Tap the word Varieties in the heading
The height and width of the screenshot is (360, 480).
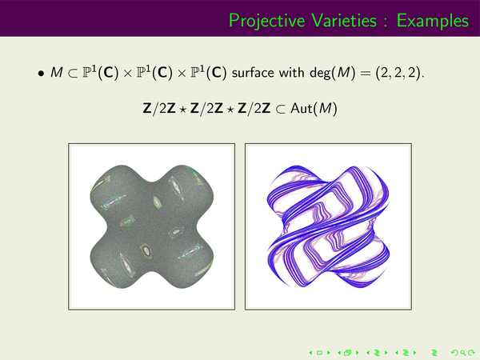[344, 21]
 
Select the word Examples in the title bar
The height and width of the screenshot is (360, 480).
[433, 22]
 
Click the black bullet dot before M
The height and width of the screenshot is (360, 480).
[41, 74]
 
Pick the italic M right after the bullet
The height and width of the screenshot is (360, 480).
[57, 73]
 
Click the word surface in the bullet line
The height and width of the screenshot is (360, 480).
[253, 73]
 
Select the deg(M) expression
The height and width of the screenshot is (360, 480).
[333, 73]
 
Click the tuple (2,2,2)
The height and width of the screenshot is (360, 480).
[398, 73]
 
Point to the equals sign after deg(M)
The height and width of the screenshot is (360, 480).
[366, 74]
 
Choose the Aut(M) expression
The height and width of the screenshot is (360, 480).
[314, 108]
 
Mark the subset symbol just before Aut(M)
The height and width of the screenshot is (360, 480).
[280, 109]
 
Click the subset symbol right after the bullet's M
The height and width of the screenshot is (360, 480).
[73, 74]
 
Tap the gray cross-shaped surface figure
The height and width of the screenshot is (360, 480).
[152, 226]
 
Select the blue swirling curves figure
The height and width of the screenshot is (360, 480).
[328, 226]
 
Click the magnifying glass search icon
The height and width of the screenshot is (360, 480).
[463, 353]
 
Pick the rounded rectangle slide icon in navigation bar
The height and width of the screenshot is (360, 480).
[319, 353]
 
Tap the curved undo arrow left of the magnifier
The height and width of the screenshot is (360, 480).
[454, 353]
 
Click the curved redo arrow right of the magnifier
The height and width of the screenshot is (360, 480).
[471, 353]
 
